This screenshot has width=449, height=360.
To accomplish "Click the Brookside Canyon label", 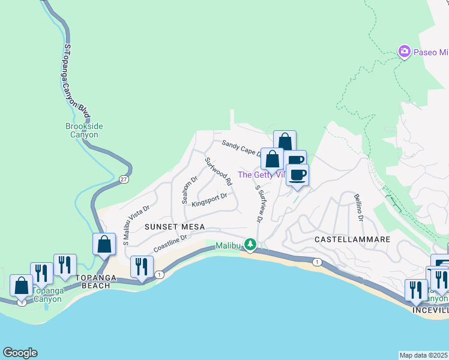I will click(x=82, y=131).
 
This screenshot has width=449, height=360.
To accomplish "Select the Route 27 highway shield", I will click(x=123, y=179).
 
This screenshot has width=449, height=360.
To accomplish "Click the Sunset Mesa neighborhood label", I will click(x=175, y=227).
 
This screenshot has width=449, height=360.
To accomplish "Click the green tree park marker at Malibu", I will click(x=250, y=245).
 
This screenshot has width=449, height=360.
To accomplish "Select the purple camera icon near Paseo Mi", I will click(x=405, y=52).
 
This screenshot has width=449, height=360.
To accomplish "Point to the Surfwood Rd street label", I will click(x=218, y=171).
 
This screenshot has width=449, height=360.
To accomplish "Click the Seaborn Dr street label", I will click(x=187, y=190).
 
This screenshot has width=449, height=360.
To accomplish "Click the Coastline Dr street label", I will click(x=171, y=243).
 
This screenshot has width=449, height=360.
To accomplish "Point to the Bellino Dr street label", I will click(x=359, y=206).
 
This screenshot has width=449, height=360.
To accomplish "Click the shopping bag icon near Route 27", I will click(x=104, y=244).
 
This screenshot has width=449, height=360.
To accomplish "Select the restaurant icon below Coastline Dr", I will click(x=142, y=266).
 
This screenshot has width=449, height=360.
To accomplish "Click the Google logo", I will click(x=19, y=353).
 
